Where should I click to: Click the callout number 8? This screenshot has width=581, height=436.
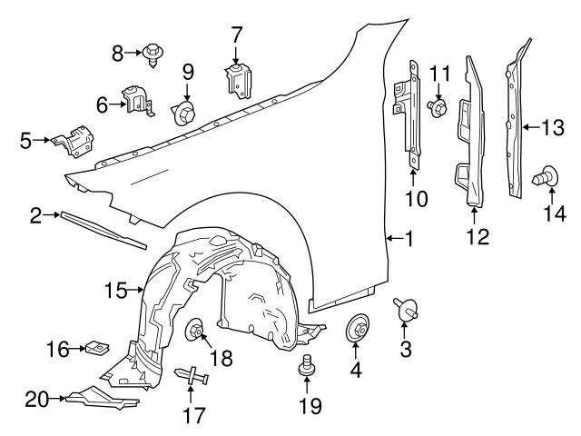(117, 54)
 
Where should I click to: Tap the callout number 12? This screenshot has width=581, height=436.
(477, 237)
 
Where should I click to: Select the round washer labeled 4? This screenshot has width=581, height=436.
(356, 332)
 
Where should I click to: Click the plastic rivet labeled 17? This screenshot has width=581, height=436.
(192, 375)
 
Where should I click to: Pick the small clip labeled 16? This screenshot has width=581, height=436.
(94, 347)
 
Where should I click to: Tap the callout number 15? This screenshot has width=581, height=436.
(115, 291)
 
